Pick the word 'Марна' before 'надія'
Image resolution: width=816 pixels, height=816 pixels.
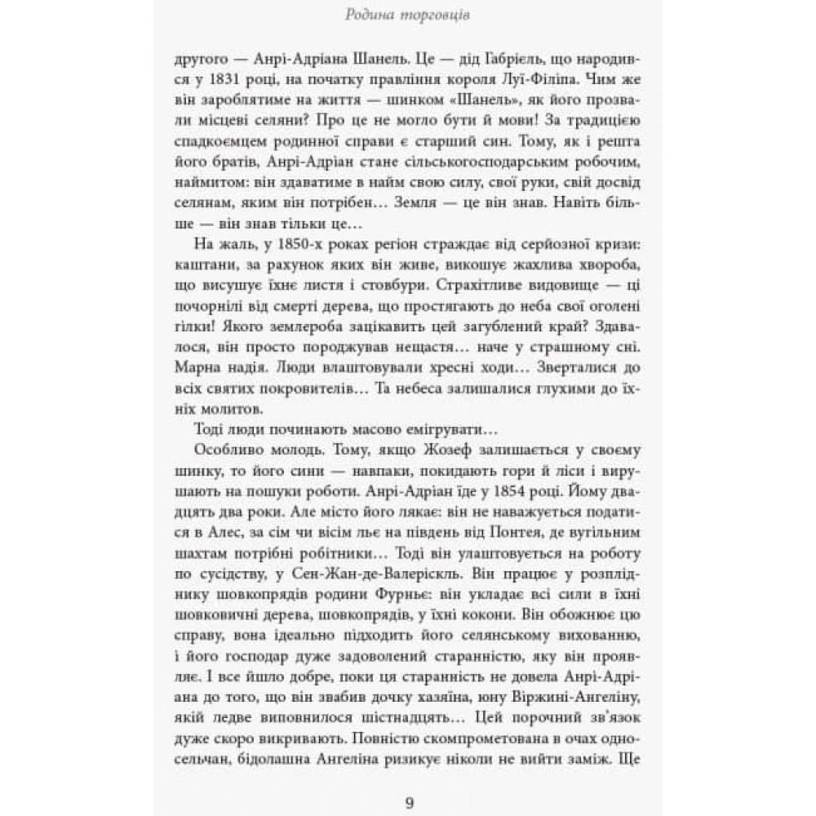pos(197,356)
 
